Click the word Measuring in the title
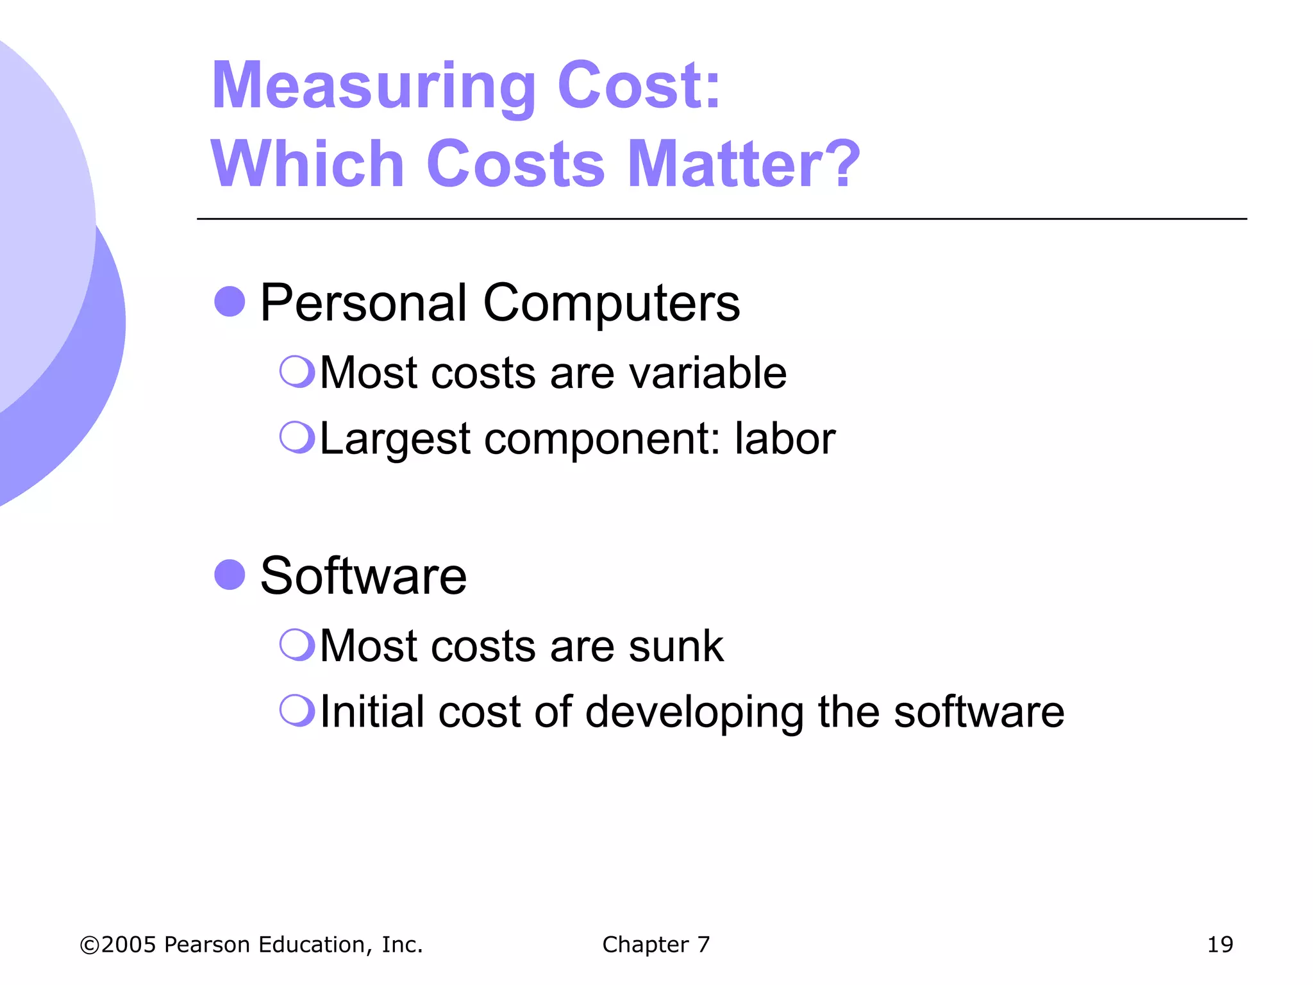(x=373, y=87)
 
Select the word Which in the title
(x=307, y=164)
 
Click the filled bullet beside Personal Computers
(x=230, y=301)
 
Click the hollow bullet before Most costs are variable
(x=297, y=371)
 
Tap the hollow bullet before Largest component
(x=297, y=437)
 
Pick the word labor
(x=785, y=439)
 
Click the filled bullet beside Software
(x=230, y=574)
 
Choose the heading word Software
(x=364, y=576)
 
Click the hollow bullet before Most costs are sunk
(x=297, y=644)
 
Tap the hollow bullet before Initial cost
(x=297, y=710)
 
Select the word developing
(x=694, y=713)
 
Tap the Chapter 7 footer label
(x=656, y=945)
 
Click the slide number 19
(x=1219, y=945)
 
